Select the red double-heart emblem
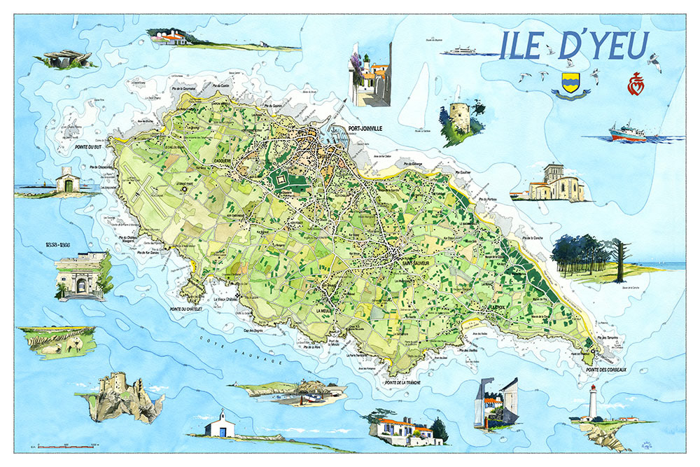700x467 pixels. [633, 82]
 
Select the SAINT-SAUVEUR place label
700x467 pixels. [411, 263]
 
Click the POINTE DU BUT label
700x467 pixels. [89, 148]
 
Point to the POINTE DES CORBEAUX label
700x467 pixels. [607, 369]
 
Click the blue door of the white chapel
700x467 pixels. [223, 431]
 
